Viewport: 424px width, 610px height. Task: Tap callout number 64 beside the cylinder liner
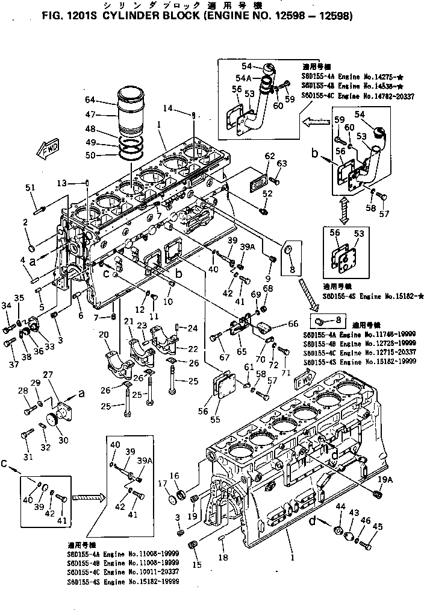(x=90, y=99)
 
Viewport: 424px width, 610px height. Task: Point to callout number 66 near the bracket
(x=293, y=324)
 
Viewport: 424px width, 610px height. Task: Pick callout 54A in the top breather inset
(x=243, y=78)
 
